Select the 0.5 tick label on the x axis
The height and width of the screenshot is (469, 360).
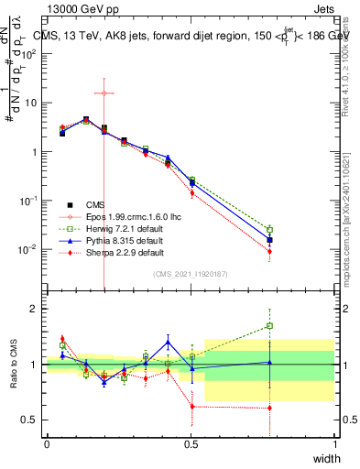click(x=191, y=443)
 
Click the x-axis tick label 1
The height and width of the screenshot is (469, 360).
click(x=335, y=443)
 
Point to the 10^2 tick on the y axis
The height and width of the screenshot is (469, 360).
click(x=30, y=53)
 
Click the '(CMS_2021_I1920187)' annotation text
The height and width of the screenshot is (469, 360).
click(x=191, y=274)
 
